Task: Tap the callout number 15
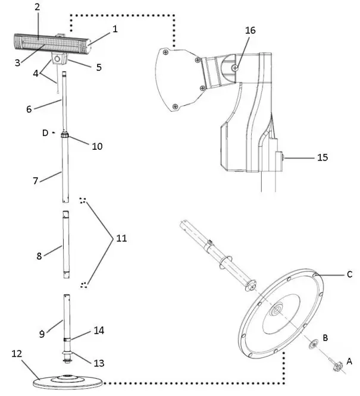pyautogui.click(x=323, y=158)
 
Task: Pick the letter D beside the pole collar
pyautogui.click(x=45, y=133)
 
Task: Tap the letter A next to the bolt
pyautogui.click(x=349, y=360)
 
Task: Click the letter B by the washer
pyautogui.click(x=325, y=337)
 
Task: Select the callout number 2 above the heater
pyautogui.click(x=37, y=7)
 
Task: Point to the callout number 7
pyautogui.click(x=36, y=179)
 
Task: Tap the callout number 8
pyautogui.click(x=39, y=256)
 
